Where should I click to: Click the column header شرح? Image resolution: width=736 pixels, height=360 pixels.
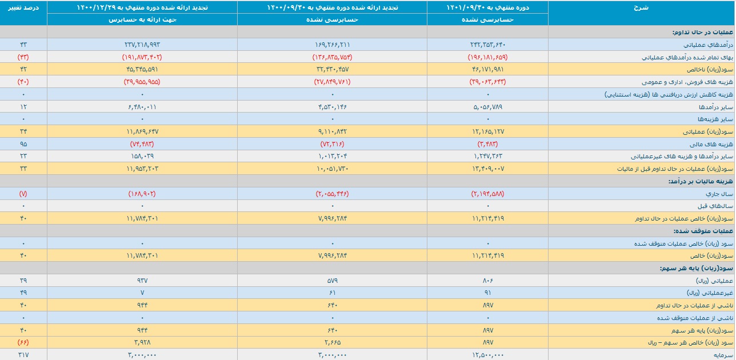(x=641, y=7)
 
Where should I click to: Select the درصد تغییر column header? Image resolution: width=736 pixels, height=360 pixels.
(x=23, y=7)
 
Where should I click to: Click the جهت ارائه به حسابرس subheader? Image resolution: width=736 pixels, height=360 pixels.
(x=142, y=19)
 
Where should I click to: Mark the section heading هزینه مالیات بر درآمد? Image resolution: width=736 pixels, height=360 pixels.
(x=701, y=181)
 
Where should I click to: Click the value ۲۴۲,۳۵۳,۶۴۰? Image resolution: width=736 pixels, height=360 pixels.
(x=487, y=45)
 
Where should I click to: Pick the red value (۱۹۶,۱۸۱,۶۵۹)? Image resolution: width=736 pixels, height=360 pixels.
(x=487, y=57)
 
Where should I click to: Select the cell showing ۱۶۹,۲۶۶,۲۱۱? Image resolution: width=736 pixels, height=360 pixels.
(x=332, y=45)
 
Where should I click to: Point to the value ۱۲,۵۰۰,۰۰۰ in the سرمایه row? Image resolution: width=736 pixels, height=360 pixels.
(x=487, y=355)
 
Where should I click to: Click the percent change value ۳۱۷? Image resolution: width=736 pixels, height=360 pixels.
(x=23, y=355)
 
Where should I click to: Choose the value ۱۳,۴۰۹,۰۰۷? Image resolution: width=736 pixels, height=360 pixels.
(x=487, y=169)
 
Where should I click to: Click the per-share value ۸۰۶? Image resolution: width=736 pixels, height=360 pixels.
(x=487, y=281)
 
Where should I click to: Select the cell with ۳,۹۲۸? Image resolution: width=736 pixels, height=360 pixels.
(x=142, y=343)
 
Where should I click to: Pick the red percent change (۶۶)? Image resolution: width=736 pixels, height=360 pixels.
(x=23, y=343)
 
